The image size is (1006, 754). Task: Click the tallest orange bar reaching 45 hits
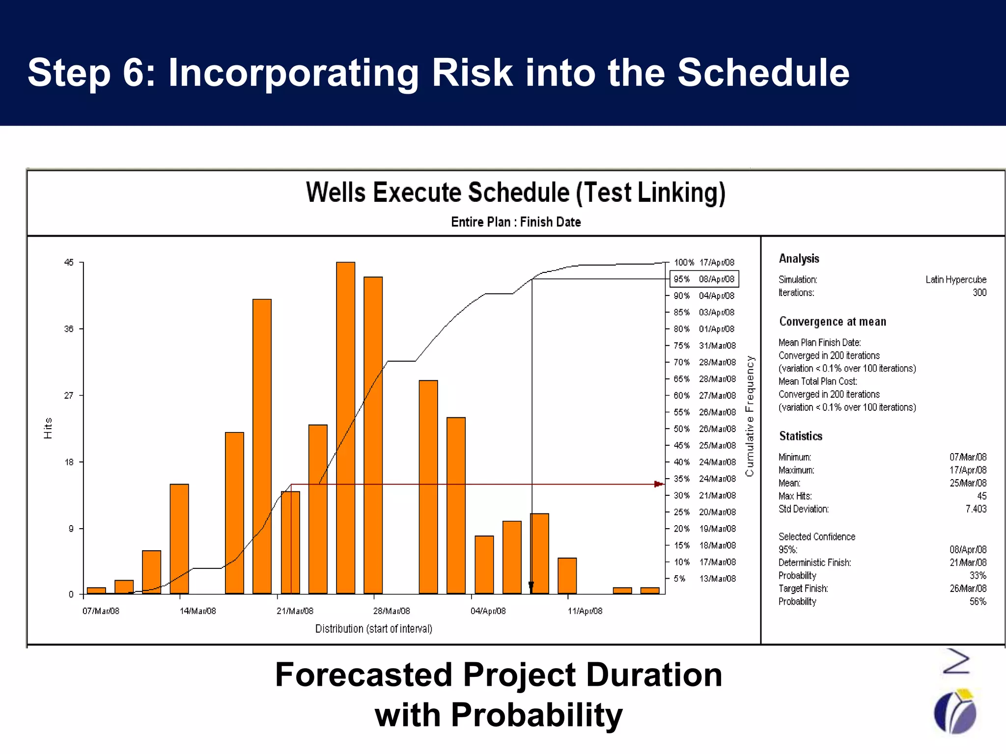[x=345, y=427]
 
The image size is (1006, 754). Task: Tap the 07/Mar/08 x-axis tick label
[x=101, y=611]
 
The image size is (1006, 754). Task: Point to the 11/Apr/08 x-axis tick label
[x=585, y=611]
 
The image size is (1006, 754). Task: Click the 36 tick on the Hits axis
[x=69, y=329]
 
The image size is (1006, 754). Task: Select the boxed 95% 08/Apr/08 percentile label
[x=704, y=279]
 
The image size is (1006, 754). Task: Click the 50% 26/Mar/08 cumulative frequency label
[x=704, y=429]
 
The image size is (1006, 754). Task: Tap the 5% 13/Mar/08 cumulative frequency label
[x=704, y=579]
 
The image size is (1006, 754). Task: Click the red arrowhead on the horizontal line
[x=658, y=484]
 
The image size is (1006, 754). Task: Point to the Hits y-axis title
[x=48, y=428]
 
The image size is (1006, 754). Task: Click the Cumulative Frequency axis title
[x=749, y=416]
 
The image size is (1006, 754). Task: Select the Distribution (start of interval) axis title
[x=373, y=629]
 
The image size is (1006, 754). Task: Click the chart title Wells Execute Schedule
[x=515, y=192]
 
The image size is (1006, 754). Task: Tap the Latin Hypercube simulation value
[x=955, y=280]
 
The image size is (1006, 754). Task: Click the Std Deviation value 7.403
[x=976, y=509]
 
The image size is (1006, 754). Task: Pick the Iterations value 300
[x=979, y=293]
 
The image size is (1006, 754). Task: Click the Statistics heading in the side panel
[x=800, y=436]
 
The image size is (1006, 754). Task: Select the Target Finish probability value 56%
[x=978, y=602]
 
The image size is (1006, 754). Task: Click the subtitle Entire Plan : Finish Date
[x=516, y=222]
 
